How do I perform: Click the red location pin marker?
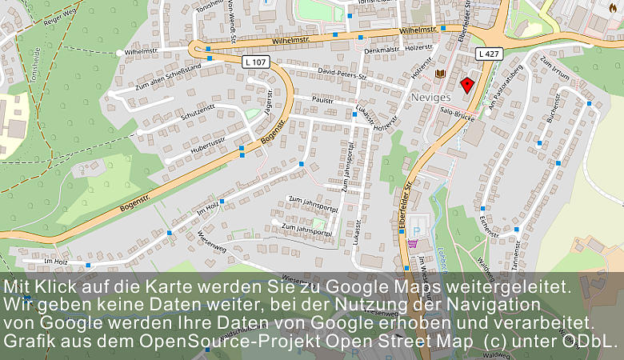coord(467,84)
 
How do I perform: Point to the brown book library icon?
coord(439,74)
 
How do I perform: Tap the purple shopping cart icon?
coord(412,243)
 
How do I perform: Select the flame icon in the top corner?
coord(614,7)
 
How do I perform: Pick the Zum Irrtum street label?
coord(554,70)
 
